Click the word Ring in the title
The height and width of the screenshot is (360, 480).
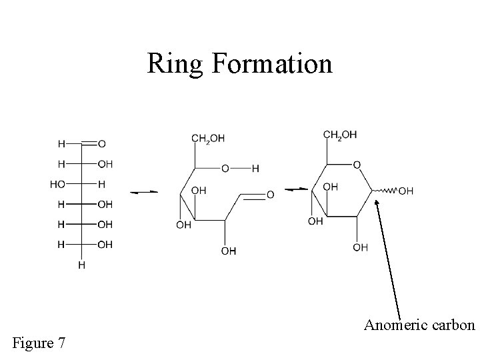click(x=175, y=64)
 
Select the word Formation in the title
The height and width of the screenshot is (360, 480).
click(x=270, y=64)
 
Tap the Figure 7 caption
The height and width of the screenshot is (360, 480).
click(x=39, y=343)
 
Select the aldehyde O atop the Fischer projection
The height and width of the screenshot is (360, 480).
click(x=101, y=143)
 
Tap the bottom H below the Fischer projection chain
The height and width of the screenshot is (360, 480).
click(x=82, y=265)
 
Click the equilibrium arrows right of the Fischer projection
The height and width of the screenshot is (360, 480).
click(x=143, y=192)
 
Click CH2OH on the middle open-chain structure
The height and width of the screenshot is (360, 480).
click(x=208, y=139)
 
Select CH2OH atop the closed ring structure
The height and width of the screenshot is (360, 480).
click(x=340, y=135)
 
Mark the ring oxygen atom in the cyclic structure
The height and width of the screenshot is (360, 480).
click(x=357, y=165)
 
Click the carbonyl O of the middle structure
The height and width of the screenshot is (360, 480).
click(x=270, y=195)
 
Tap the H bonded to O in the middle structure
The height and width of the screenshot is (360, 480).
click(x=256, y=169)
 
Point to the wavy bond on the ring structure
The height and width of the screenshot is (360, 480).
click(x=385, y=191)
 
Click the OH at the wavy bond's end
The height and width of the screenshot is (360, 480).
click(x=406, y=191)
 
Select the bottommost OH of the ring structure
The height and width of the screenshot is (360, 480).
click(x=360, y=247)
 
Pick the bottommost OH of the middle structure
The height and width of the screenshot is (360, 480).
click(x=228, y=251)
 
